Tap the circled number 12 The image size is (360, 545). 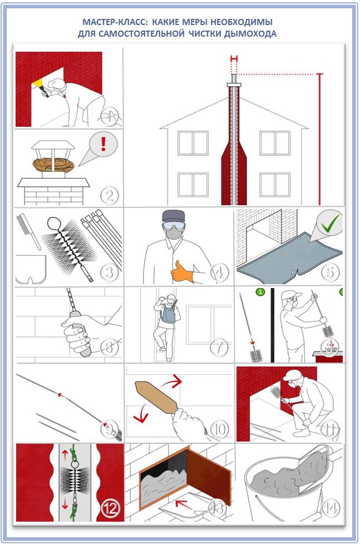click(x=111, y=509)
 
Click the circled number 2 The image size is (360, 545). click(x=109, y=195)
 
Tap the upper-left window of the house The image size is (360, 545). click(x=193, y=143)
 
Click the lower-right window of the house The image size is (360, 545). click(x=275, y=185)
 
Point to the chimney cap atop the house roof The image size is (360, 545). click(x=234, y=85)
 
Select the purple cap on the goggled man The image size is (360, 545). click(x=173, y=217)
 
